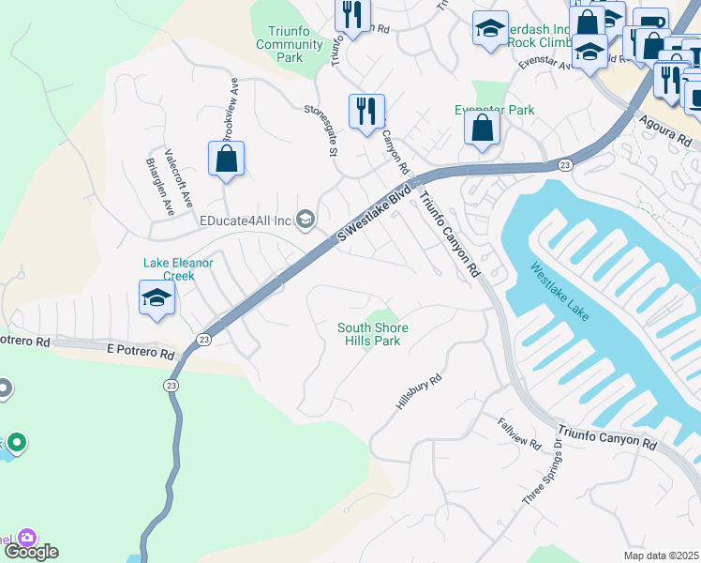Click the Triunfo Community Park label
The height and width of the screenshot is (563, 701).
(290, 44)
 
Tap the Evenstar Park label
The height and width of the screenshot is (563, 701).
(506, 110)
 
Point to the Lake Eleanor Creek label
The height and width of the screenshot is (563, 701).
(178, 269)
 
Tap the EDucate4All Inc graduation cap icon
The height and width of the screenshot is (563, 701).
(305, 221)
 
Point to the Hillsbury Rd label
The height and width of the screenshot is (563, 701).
(418, 388)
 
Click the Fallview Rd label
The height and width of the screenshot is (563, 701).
(519, 432)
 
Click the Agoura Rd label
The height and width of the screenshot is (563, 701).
(667, 129)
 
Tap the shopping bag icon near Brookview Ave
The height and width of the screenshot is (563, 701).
(227, 160)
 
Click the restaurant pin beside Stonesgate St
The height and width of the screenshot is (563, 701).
(365, 111)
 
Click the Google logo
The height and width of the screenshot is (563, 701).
(30, 552)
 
